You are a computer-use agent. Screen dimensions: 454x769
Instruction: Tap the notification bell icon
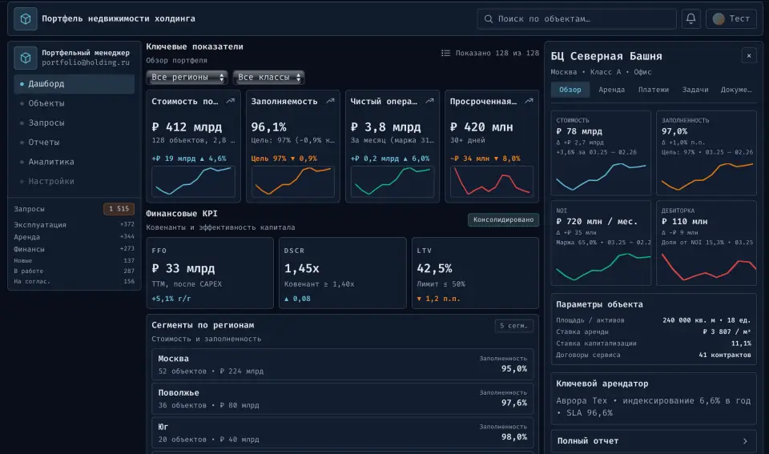[x=690, y=18]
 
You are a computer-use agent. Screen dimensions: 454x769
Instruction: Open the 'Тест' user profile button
[x=731, y=18]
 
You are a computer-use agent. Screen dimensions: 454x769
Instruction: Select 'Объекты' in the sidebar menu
[x=46, y=103]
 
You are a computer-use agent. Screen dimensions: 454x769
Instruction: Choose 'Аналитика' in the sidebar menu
[x=50, y=162]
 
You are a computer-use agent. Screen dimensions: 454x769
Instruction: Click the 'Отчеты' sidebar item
[x=44, y=143]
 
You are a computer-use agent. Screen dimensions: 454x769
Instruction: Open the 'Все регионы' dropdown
[x=187, y=78]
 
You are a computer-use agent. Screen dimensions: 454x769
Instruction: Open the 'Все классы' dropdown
[x=269, y=78]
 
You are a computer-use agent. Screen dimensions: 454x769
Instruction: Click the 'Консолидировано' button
[x=503, y=220]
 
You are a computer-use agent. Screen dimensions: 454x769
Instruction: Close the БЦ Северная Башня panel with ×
[x=748, y=55]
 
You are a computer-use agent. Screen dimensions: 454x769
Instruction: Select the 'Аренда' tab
[x=612, y=90]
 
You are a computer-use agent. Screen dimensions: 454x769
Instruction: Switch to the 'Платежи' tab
[x=654, y=90]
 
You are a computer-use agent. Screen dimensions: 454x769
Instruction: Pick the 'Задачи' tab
[x=695, y=90]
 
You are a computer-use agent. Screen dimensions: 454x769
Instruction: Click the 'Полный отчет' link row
[x=654, y=441]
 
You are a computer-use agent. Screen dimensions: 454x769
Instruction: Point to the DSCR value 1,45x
[x=302, y=268]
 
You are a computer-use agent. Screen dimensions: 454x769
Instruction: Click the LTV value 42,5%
[x=434, y=268]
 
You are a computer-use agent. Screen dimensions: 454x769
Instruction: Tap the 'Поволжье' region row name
[x=179, y=393]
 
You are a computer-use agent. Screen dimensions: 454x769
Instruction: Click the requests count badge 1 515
[x=119, y=209]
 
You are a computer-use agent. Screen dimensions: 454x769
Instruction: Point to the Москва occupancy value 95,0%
[x=513, y=369]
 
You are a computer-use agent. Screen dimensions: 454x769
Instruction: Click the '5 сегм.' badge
[x=513, y=326]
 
